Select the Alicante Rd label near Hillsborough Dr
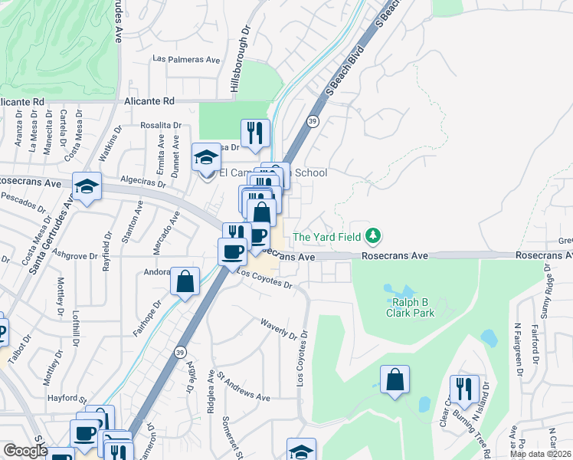(x=150, y=100)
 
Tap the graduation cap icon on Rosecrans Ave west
(x=87, y=186)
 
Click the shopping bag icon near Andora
(x=185, y=281)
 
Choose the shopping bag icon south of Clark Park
(x=395, y=379)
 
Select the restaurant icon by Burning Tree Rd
(x=464, y=389)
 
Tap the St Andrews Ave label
(x=244, y=386)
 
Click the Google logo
(x=25, y=452)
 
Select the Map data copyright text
(x=541, y=454)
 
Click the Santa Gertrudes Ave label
(x=47, y=235)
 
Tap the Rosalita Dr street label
(x=159, y=125)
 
